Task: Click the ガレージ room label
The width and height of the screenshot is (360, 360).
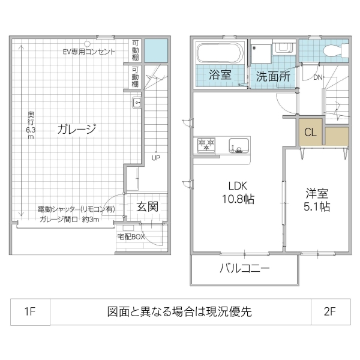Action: click(77, 129)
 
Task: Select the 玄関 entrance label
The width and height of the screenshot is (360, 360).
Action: click(148, 207)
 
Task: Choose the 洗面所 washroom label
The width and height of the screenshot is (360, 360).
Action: click(273, 76)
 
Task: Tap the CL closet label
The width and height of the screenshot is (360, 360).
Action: click(310, 133)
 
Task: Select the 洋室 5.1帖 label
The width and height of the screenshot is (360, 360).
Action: click(316, 200)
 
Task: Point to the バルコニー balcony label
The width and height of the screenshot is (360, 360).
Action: click(244, 268)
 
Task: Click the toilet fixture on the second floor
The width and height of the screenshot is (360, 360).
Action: click(329, 51)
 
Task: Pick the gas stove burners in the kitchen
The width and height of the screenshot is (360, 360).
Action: click(206, 145)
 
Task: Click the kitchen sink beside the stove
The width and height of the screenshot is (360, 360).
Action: click(238, 145)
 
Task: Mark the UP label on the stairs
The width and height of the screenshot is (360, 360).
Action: click(156, 158)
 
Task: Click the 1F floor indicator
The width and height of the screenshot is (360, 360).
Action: click(30, 312)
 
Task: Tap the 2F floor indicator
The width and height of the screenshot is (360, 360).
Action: click(329, 312)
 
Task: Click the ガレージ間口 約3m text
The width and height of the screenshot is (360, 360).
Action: click(70, 219)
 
